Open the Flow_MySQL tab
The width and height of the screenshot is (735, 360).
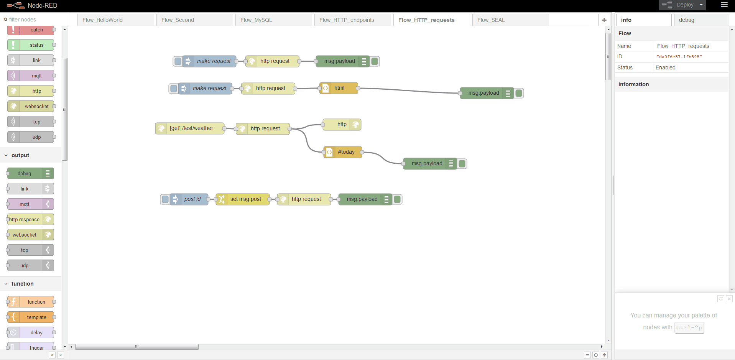pos(272,20)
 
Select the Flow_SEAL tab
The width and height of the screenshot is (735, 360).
pos(510,20)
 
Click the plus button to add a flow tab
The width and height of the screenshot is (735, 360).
pos(604,20)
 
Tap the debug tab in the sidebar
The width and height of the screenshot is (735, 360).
pos(701,20)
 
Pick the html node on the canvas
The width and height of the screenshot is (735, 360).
pos(339,88)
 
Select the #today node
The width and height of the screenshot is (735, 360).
pos(343,152)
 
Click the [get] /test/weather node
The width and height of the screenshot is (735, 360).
pos(190,128)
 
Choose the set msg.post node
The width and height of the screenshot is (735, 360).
pos(243,199)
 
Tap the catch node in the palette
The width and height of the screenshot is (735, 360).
pos(31,30)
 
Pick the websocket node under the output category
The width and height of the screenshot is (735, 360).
pos(31,235)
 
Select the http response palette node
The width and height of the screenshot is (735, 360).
pos(31,219)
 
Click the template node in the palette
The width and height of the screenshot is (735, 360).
pos(31,317)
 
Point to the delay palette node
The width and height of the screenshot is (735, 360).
pos(31,332)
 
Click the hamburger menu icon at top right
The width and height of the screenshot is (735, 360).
pos(724,5)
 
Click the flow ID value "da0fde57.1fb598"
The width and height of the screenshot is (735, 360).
pos(679,57)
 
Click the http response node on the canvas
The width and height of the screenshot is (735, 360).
pos(342,125)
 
